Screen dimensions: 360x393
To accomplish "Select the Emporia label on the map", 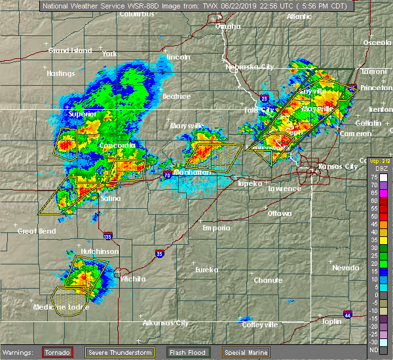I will click(216, 228).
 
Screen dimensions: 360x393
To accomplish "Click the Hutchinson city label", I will click(81, 251).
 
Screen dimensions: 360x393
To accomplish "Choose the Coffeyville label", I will click(260, 325).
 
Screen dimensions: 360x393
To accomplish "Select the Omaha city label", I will click(228, 26).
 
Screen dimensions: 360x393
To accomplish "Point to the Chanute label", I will click(269, 279).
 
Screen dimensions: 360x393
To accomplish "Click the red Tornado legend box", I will click(58, 352).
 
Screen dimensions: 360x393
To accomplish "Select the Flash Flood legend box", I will click(188, 352).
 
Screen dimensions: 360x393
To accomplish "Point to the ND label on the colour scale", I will click(374, 350).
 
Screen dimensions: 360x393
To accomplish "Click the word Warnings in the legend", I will click(19, 353).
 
